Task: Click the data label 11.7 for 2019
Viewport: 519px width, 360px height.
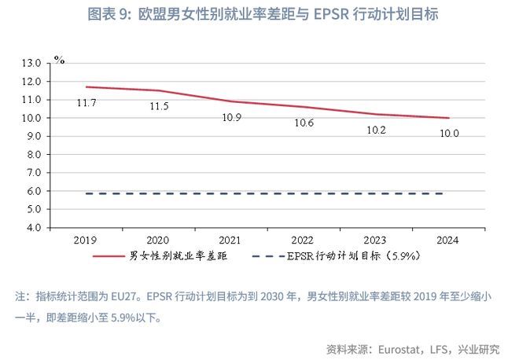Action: click(x=86, y=103)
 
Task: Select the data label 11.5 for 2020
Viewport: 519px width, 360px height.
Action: click(x=160, y=106)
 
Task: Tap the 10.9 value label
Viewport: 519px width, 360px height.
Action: click(x=232, y=117)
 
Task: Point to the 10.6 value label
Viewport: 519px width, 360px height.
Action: click(x=304, y=123)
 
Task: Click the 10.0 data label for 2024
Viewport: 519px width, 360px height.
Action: click(x=449, y=134)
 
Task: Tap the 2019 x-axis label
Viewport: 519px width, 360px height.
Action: click(x=86, y=241)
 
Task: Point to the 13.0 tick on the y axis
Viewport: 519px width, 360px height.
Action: click(x=34, y=63)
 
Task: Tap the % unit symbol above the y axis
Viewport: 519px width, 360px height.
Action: click(x=59, y=58)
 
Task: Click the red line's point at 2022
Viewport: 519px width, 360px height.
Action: click(x=304, y=107)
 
